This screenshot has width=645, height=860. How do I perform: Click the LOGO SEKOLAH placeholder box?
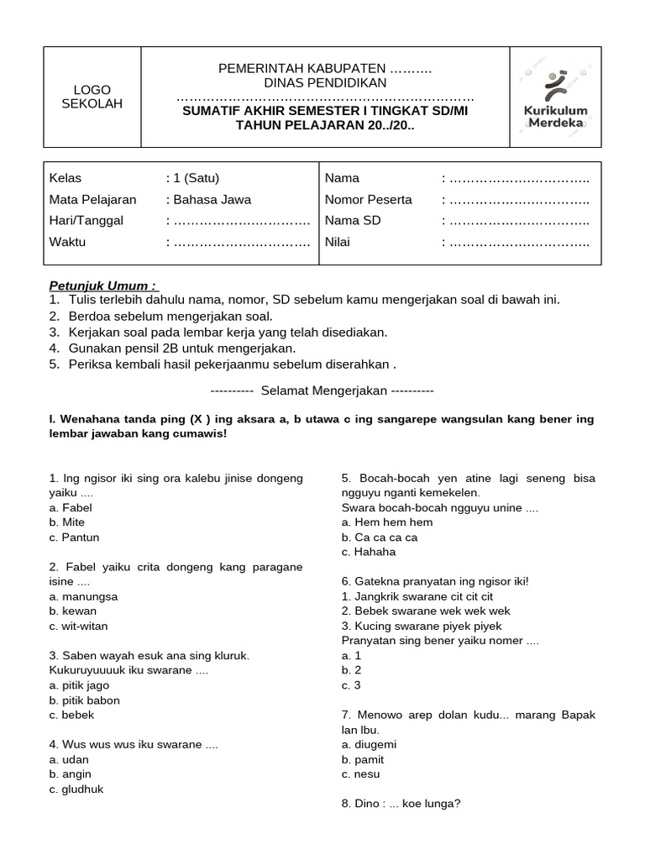coord(92,97)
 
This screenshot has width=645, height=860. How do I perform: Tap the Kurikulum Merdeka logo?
coord(555,97)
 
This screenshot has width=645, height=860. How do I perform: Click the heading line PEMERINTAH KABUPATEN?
coord(324,67)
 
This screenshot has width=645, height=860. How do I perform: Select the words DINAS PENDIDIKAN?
coord(325,82)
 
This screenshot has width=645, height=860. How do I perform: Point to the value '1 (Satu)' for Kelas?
coord(196,178)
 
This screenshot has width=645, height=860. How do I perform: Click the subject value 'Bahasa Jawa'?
coord(212,200)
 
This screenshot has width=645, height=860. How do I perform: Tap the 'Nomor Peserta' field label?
coord(368,200)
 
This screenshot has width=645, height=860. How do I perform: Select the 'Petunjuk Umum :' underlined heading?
coord(102,285)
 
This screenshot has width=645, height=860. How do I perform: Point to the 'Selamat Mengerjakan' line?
coord(322,391)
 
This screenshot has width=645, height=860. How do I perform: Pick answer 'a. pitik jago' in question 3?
coord(80,685)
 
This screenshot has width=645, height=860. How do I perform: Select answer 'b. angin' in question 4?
coord(71,774)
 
